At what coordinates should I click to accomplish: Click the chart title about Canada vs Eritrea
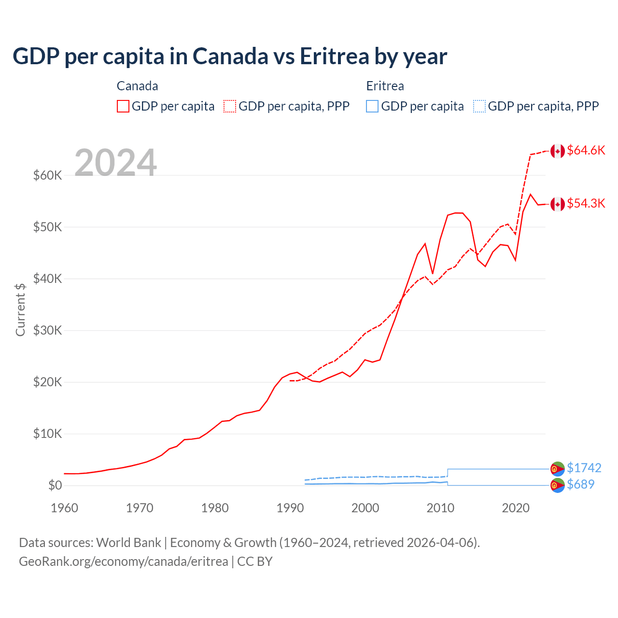coord(230,56)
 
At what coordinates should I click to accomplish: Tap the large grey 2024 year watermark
coord(115,163)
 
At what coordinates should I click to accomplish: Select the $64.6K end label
coord(586,151)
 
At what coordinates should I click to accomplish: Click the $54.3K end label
coord(586,204)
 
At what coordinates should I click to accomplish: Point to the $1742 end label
coord(584,468)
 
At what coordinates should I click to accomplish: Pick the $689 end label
coord(580,484)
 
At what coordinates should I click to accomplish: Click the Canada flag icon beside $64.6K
coord(558,151)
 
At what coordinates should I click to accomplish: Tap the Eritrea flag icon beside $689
coord(558,485)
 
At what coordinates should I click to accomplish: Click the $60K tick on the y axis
coord(47,175)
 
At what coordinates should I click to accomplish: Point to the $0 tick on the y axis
coord(55,485)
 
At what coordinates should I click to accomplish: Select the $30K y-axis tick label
coord(47,330)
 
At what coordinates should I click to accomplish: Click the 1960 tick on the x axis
coord(64,508)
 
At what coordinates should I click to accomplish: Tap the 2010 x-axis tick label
coord(440,508)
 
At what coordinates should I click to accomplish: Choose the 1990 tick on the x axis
coord(290,508)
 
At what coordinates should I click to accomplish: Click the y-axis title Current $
coord(20,309)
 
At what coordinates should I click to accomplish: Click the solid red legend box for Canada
coord(123,106)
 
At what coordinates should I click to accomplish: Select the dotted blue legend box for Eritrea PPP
coord(479,106)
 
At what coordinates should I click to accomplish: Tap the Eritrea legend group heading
coord(385,86)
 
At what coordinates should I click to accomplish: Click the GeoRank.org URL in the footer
coord(123,562)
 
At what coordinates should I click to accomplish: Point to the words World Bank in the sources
coord(128,543)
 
